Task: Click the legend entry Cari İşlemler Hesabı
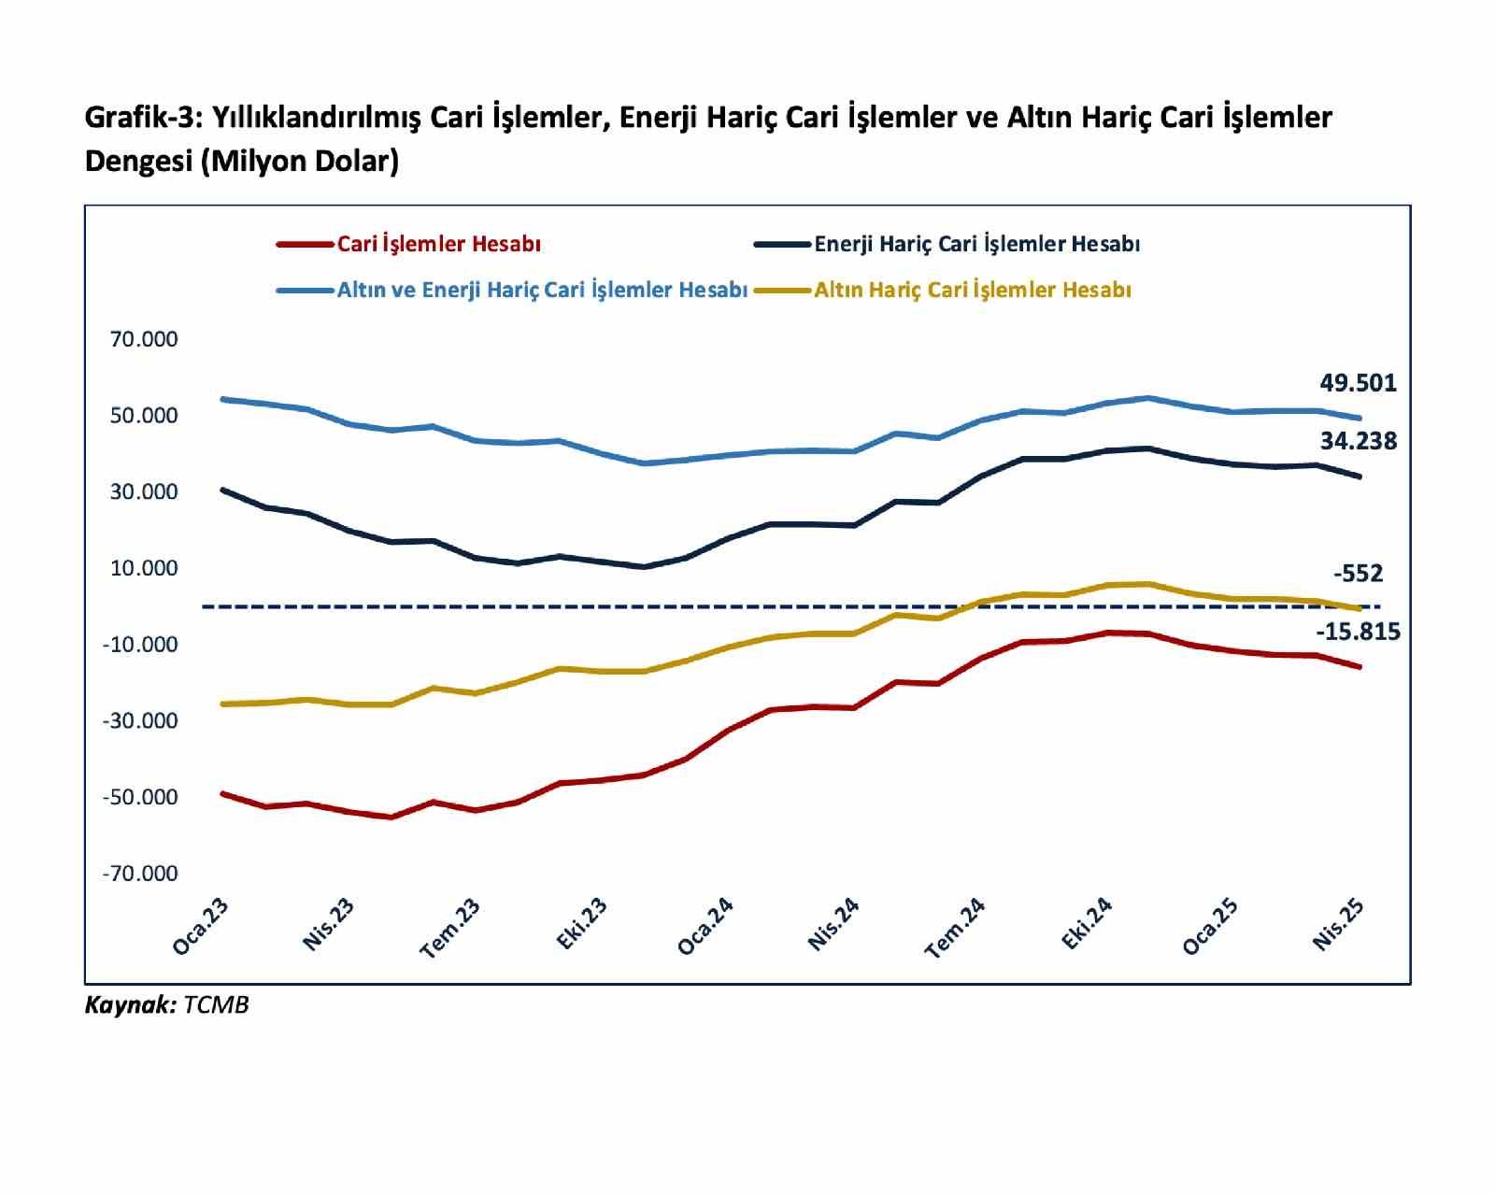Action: point(438,244)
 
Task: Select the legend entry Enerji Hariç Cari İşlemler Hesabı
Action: point(976,244)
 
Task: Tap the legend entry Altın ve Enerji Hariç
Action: point(542,290)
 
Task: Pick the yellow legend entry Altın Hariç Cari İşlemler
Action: point(972,290)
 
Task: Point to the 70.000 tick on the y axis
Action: point(144,339)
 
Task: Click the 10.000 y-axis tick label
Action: point(144,568)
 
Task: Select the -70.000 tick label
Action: point(140,874)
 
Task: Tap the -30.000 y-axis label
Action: point(140,720)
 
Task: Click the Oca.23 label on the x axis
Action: point(200,927)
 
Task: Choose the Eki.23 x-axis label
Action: point(581,924)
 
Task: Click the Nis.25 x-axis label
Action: point(1338,925)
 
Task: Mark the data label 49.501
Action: point(1358,383)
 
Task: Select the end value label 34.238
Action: point(1358,441)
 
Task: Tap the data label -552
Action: point(1359,574)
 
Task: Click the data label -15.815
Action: point(1358,633)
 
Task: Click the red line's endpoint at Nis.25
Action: point(1360,666)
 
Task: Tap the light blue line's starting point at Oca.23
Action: point(222,399)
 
